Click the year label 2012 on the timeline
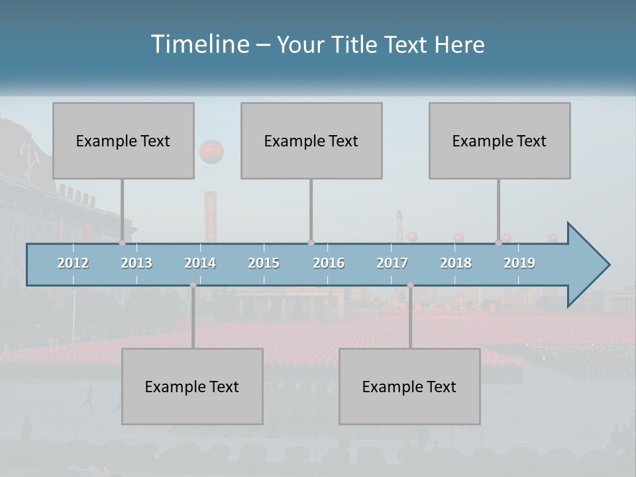pos(73,263)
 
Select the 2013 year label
pos(136,263)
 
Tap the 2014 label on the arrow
pos(200,263)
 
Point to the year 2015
pos(264,263)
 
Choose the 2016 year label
pos(329,263)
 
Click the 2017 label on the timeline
pos(392,263)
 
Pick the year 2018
pos(456,263)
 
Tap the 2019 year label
pos(519,263)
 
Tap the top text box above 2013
pos(123,140)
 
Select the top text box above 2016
pos(311,140)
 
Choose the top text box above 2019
pos(500,140)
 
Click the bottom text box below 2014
pos(192,386)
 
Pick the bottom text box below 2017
pos(409,386)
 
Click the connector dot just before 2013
pos(122,243)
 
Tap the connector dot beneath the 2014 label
pos(193,285)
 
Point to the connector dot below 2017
pos(410,285)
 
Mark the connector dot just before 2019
pos(498,243)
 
